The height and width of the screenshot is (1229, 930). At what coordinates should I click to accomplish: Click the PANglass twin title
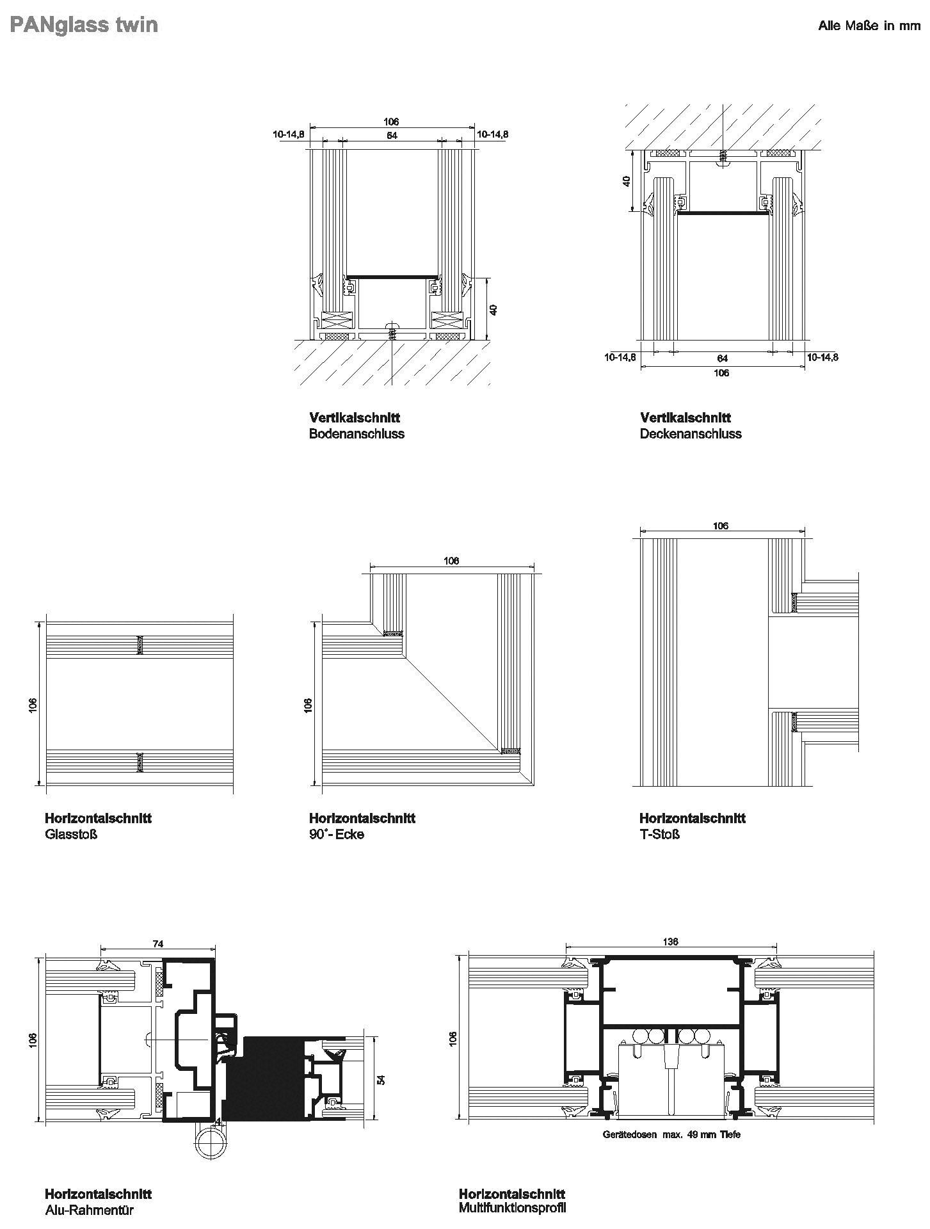point(84,25)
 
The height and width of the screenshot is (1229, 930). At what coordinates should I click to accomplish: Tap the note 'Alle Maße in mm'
point(869,26)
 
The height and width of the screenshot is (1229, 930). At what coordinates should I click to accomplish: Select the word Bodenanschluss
point(357,434)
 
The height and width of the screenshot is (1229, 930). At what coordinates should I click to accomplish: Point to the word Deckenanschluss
point(691,434)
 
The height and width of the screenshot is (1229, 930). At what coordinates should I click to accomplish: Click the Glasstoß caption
point(71,835)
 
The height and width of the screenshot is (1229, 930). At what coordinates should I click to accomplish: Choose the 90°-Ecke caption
point(337,835)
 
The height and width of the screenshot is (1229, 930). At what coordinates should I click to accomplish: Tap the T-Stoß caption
point(659,835)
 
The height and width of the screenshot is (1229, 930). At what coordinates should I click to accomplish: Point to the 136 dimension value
point(670,942)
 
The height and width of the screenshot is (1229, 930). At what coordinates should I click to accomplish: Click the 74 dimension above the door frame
point(158,944)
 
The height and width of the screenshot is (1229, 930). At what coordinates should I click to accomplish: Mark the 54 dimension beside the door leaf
point(381,1079)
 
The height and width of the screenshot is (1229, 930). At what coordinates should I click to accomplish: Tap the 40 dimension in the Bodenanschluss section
point(493,309)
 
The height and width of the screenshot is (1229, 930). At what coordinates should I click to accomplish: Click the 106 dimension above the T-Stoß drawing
point(721,526)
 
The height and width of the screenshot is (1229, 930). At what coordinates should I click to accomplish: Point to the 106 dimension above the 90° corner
point(451,561)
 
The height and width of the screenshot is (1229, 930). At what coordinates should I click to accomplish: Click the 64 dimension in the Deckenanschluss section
point(722,359)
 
